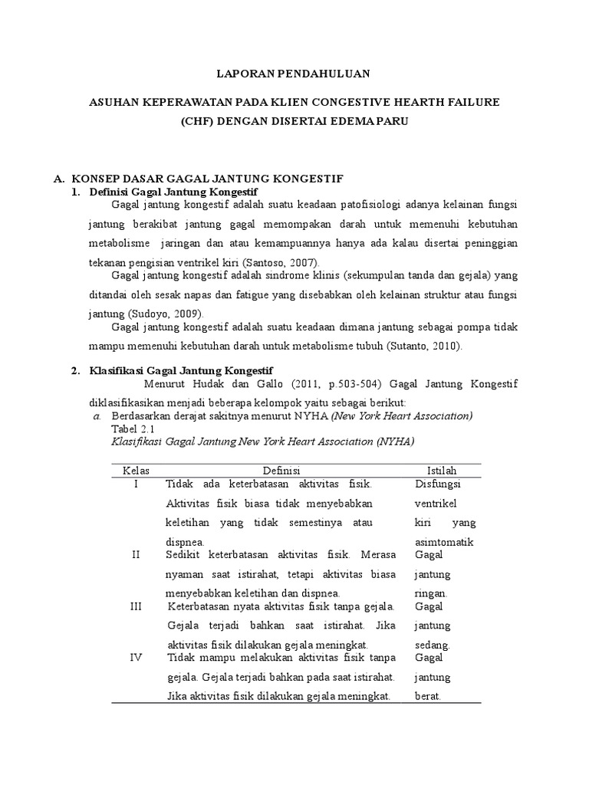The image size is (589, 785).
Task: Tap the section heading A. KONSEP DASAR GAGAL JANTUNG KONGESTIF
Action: click(x=197, y=178)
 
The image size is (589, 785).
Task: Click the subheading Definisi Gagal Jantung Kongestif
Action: click(x=174, y=191)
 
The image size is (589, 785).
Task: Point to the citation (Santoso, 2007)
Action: click(x=271, y=263)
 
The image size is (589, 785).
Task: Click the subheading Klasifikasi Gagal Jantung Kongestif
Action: click(x=181, y=371)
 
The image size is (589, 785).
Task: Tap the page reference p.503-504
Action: click(x=354, y=384)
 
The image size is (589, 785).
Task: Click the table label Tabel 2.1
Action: click(x=133, y=429)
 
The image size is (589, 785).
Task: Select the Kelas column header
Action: click(x=136, y=470)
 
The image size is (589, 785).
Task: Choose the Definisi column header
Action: click(x=281, y=470)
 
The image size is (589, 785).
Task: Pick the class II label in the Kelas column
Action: click(x=136, y=554)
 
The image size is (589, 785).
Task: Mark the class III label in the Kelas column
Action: click(x=136, y=606)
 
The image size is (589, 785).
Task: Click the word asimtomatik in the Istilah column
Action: click(x=444, y=542)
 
